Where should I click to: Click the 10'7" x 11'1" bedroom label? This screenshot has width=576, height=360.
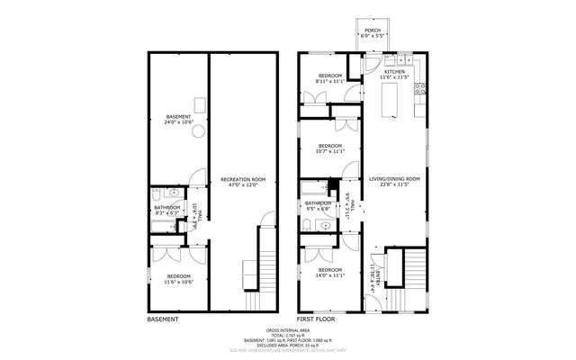tap(330, 148)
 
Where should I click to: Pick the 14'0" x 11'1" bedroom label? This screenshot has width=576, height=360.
tap(330, 272)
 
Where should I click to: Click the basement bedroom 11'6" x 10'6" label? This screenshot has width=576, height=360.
tap(178, 279)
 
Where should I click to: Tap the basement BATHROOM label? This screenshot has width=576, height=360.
tap(166, 211)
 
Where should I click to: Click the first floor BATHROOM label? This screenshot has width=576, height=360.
tap(318, 206)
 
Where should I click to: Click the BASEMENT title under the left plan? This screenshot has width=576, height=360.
tap(163, 319)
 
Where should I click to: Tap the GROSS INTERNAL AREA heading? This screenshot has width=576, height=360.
tap(288, 330)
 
